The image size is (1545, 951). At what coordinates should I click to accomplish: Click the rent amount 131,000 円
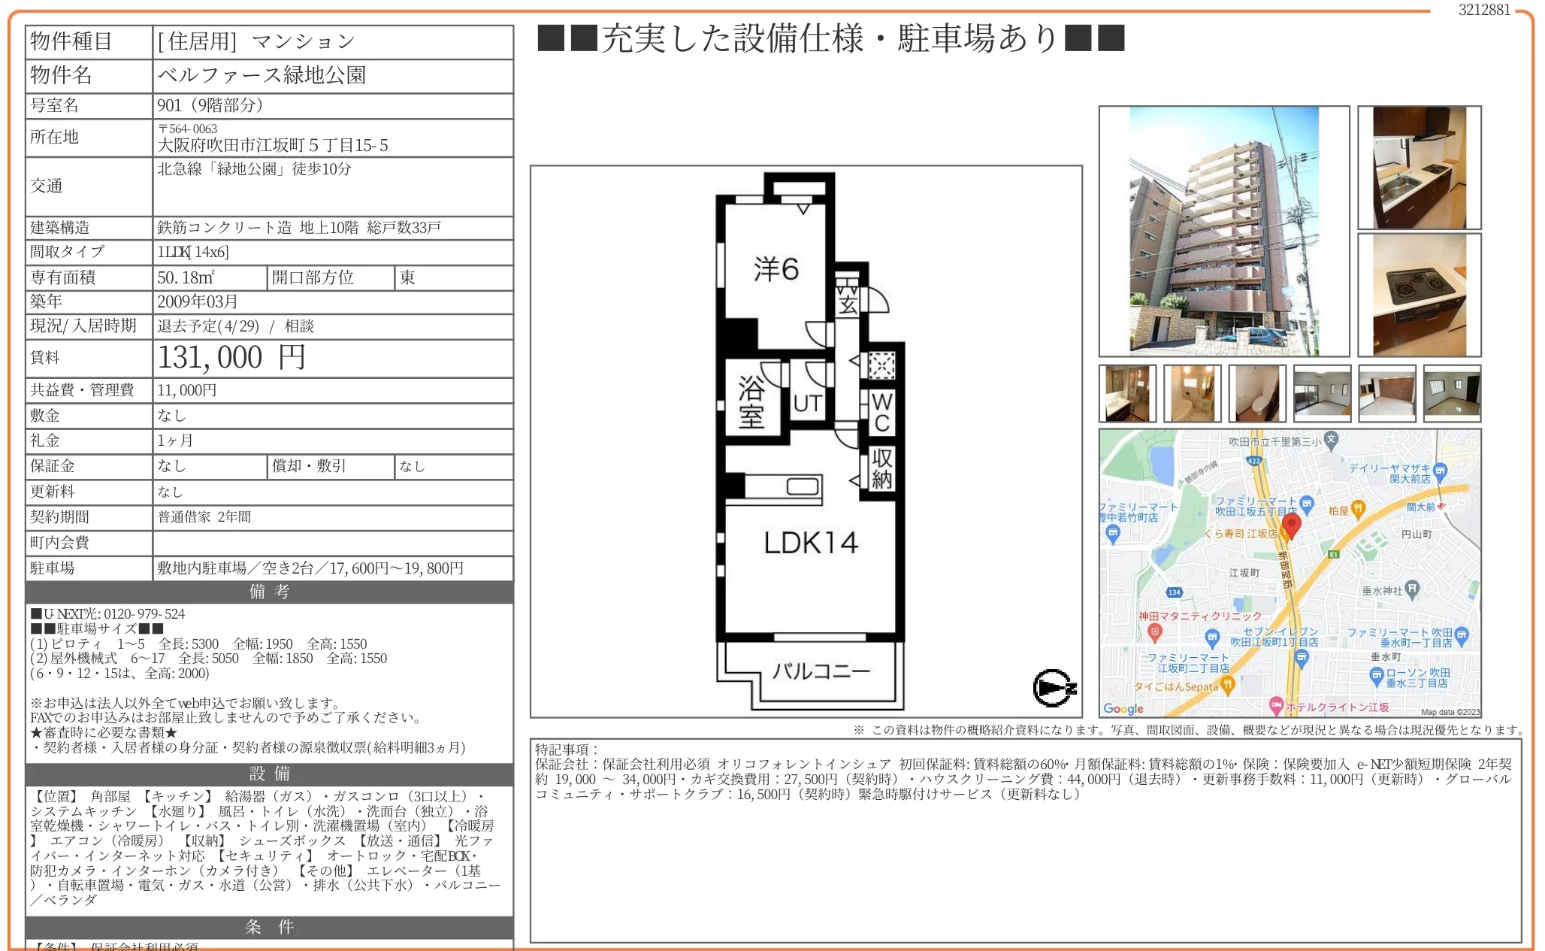coord(231,358)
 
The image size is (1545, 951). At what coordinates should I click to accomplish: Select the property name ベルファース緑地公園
coord(262,75)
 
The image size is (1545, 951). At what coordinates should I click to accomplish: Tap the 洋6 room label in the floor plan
coord(776,269)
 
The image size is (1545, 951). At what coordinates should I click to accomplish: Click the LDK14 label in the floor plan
coord(810,543)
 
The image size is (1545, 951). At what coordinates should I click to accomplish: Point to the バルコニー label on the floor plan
coord(821,671)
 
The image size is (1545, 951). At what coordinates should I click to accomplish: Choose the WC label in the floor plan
coord(881,412)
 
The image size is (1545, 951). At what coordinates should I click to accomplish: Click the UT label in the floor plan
coord(807,404)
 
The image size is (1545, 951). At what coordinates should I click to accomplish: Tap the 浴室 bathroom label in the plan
coord(751,403)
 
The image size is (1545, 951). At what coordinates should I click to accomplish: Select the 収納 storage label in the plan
coord(881,469)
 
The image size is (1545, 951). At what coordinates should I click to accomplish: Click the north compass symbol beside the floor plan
coord(1054,688)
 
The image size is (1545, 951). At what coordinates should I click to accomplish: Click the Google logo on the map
coord(1123,708)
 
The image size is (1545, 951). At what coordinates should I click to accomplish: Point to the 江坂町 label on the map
coord(1244,573)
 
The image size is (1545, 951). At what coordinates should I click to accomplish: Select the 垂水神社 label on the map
coord(1382,591)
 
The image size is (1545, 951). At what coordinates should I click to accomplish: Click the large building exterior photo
coord(1223,231)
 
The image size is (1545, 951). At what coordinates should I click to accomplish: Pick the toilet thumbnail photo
coord(1257,393)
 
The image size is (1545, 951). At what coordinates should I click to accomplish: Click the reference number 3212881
coord(1484,10)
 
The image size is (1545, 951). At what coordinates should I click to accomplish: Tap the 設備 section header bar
coord(269,774)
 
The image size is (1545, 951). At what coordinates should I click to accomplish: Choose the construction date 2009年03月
coord(198,302)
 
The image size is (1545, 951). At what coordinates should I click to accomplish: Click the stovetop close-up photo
coord(1419,295)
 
